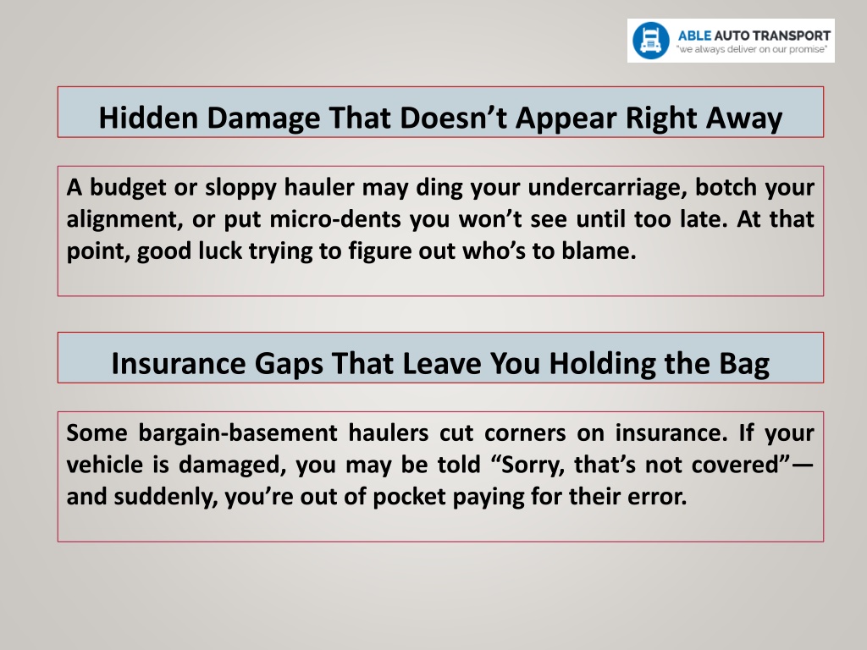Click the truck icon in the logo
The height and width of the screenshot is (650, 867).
pos(651,41)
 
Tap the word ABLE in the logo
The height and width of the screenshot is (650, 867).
pos(694,36)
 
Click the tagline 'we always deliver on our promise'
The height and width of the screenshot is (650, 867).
pos(752,49)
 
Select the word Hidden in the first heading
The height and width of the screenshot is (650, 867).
pos(148,118)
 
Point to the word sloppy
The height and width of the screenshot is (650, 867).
pos(240,188)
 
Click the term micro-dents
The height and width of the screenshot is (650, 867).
pos(335,219)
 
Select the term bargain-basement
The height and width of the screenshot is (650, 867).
pos(238,432)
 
